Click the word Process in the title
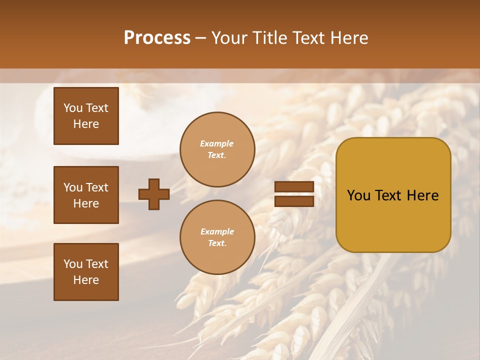pos(157,38)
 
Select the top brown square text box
pos(86,116)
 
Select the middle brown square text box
pos(86,195)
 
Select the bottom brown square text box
pos(86,272)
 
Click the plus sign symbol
pos(154,194)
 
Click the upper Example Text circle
pos(217,149)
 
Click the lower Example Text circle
pos(217,237)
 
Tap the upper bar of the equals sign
pos(294,186)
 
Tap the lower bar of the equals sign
pos(294,201)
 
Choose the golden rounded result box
pos(393,195)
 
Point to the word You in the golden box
pos(358,195)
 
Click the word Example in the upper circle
pos(217,144)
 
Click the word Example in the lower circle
pos(217,232)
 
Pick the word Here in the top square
pos(86,124)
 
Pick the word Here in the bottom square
pos(86,280)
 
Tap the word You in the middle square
pos(73,187)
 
